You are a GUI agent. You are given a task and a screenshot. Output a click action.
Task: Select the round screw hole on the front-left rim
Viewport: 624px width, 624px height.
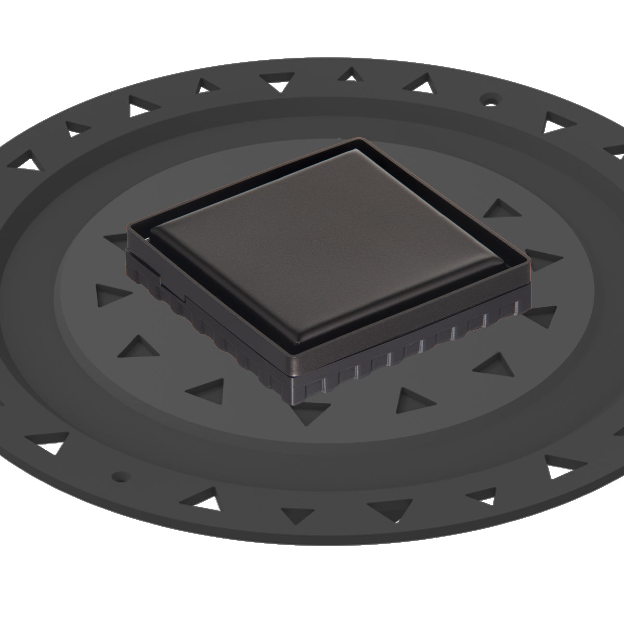121,475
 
